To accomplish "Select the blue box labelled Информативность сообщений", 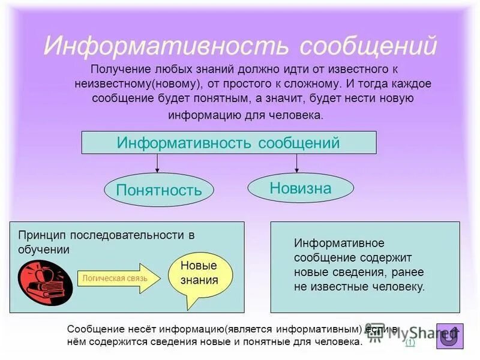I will pos(229,143).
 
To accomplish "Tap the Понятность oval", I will pos(158,190).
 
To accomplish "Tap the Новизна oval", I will pos(300,188).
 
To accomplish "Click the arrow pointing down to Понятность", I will pos(158,164).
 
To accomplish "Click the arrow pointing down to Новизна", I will pos(296,163).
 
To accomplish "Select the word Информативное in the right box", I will pos(338,244).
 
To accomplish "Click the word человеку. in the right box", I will pos(398,287).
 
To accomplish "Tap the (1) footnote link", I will pos(410,343).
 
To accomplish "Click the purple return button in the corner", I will pos(449,337).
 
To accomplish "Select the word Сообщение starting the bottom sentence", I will pos(95,329).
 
